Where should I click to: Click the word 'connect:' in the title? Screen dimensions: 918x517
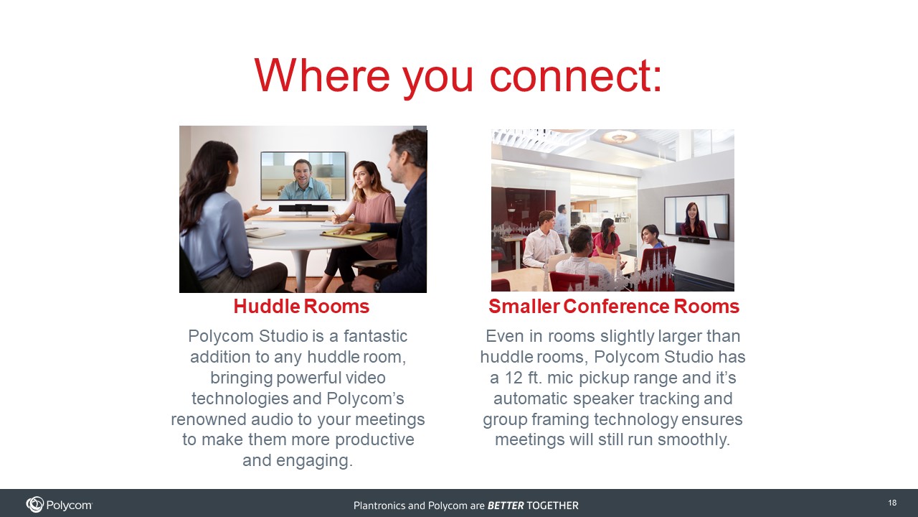576,76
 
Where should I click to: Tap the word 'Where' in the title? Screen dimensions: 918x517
322,75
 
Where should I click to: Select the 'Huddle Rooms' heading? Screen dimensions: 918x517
301,307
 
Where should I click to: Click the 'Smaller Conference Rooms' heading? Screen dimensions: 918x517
613,307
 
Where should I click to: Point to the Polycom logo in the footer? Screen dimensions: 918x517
59,505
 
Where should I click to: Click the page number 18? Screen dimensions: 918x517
892,503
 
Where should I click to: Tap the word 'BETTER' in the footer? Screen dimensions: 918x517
506,506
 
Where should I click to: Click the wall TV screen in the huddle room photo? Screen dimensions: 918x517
303,176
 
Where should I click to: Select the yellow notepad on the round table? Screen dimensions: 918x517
355,235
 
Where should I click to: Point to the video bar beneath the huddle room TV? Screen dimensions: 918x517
303,208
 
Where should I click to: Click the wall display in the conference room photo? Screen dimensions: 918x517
696,217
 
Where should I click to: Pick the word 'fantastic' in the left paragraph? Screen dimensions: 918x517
375,336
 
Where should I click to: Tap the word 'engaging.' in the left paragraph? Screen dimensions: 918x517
314,461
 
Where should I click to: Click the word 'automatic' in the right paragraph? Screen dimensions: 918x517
531,399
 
